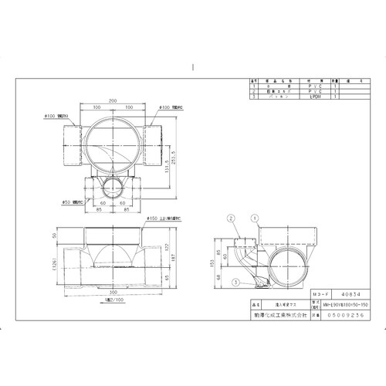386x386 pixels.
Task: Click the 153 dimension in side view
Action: click(211, 263)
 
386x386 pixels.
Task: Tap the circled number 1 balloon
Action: click(254, 218)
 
